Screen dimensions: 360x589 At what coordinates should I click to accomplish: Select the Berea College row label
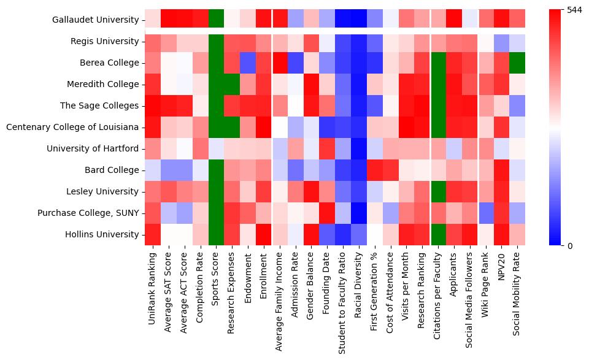[x=109, y=63]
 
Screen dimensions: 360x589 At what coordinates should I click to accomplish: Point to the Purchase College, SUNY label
[x=88, y=213]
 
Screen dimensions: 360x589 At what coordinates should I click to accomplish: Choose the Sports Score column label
[x=216, y=277]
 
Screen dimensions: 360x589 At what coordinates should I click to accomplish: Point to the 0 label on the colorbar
[x=570, y=245]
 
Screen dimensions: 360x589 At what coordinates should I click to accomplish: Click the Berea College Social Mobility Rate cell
[x=518, y=63]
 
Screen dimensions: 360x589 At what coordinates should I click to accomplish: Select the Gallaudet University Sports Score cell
[x=216, y=20]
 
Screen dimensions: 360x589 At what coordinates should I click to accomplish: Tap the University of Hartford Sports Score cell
[x=216, y=148]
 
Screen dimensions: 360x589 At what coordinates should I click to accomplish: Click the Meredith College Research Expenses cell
[x=232, y=85]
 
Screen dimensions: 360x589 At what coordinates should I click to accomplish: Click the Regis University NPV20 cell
[x=502, y=42]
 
